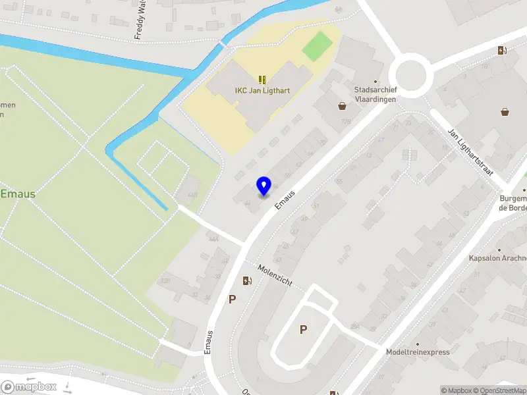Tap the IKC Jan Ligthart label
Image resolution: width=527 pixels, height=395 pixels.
click(x=262, y=91)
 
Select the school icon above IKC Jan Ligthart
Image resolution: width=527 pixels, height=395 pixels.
click(x=262, y=79)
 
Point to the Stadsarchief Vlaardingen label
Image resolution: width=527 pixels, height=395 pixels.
click(x=375, y=93)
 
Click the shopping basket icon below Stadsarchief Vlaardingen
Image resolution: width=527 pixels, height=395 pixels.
click(x=343, y=105)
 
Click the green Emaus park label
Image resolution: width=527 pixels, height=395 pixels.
click(x=18, y=194)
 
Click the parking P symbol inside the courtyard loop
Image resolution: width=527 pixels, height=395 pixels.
click(x=303, y=330)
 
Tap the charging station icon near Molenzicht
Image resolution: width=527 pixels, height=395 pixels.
click(x=247, y=281)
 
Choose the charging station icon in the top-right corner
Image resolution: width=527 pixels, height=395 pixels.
click(x=502, y=50)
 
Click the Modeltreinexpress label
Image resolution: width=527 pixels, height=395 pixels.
click(x=418, y=352)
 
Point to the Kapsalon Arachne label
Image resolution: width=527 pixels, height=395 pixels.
click(x=497, y=259)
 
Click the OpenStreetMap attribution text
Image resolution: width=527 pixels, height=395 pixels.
click(x=501, y=390)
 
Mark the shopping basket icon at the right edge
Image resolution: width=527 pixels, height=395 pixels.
click(x=505, y=112)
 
